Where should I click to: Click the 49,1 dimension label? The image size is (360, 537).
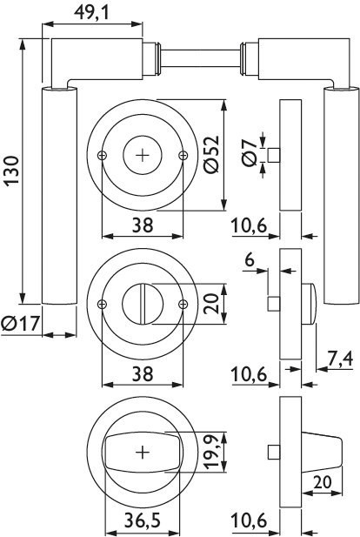91,13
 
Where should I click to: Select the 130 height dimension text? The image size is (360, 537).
11,171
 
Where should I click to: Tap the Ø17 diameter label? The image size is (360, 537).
21,324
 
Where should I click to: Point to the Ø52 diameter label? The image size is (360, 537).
210,154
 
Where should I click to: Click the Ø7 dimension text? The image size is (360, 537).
249,153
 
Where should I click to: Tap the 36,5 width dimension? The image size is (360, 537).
142,521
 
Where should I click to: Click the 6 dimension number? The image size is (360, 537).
250,260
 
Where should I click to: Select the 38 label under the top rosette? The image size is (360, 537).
143,225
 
